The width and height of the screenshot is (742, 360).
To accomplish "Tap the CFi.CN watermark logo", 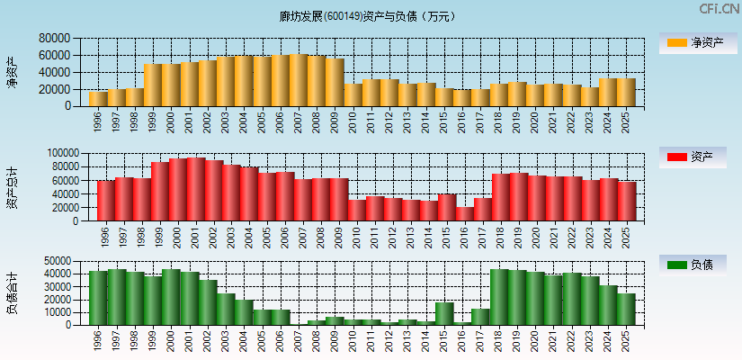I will [x=720, y=9].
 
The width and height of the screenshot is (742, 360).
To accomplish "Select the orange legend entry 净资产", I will [x=697, y=42].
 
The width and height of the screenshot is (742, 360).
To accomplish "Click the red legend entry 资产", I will [x=697, y=157].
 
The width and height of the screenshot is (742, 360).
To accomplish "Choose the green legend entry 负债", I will [x=697, y=265].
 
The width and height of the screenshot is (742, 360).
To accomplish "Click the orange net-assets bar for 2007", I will [x=299, y=81].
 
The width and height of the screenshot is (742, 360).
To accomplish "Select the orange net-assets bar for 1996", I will [x=98, y=98].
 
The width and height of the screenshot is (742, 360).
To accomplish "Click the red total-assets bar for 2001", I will [x=196, y=189].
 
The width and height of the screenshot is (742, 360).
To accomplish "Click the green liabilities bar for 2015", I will [x=444, y=313].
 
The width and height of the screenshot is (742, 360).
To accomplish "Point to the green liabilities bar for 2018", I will [x=499, y=297].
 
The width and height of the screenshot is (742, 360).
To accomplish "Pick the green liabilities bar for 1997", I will [x=117, y=297].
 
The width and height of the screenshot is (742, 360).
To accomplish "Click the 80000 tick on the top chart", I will [x=55, y=39].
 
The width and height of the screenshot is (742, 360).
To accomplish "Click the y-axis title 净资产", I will [x=12, y=72].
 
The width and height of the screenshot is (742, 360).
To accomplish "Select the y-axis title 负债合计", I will [x=12, y=292].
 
